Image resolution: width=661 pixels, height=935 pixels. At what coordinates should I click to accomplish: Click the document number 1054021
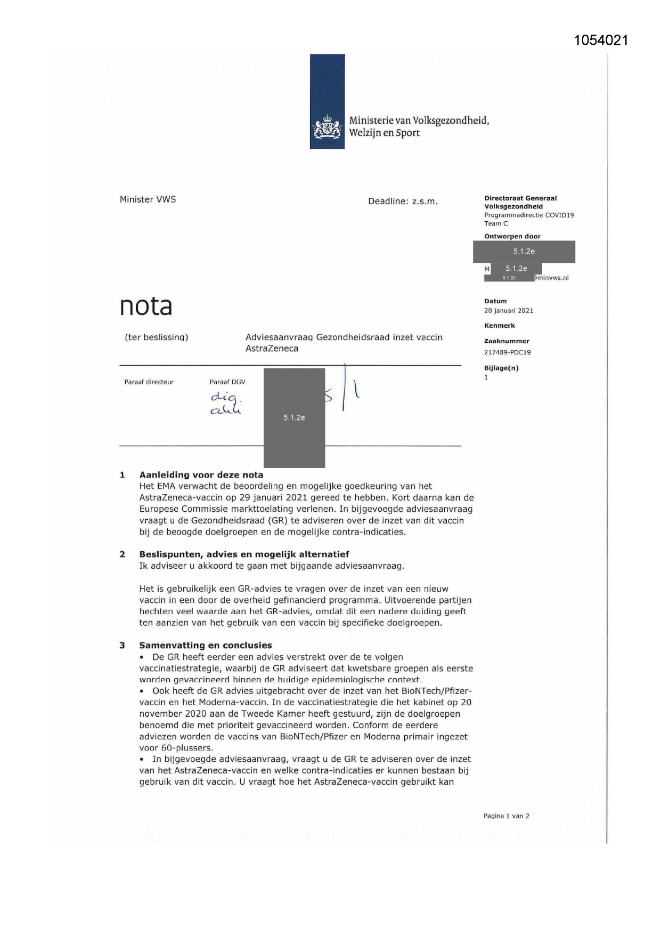pyautogui.click(x=601, y=41)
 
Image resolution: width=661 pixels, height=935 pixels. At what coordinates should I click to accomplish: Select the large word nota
pyautogui.click(x=146, y=306)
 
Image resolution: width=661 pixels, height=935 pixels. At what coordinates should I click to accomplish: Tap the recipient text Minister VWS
pyautogui.click(x=148, y=199)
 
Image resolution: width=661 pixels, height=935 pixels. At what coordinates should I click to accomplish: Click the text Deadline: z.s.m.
pyautogui.click(x=403, y=201)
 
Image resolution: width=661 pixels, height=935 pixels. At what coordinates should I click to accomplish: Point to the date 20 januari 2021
pyautogui.click(x=509, y=311)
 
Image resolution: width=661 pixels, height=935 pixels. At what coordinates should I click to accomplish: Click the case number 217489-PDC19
pyautogui.click(x=507, y=352)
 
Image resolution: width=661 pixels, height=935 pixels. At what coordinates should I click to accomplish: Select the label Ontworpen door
pyautogui.click(x=512, y=237)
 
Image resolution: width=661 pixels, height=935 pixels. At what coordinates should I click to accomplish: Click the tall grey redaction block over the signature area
pyautogui.click(x=294, y=418)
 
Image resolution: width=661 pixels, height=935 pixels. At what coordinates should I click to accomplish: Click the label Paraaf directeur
pyautogui.click(x=149, y=382)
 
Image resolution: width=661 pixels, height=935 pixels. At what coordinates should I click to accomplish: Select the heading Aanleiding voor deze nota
pyautogui.click(x=201, y=475)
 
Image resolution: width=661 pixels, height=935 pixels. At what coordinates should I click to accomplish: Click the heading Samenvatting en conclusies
pyautogui.click(x=206, y=646)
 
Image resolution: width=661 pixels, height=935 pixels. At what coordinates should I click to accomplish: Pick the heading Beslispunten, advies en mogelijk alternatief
pyautogui.click(x=244, y=554)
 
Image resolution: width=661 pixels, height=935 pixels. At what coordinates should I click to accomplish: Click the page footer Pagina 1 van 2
pyautogui.click(x=506, y=816)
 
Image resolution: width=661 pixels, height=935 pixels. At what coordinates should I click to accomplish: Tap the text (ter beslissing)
pyautogui.click(x=157, y=337)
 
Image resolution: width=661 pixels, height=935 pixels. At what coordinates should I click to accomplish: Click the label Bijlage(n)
pyautogui.click(x=501, y=368)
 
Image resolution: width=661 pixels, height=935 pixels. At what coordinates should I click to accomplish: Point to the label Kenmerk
pyautogui.click(x=499, y=326)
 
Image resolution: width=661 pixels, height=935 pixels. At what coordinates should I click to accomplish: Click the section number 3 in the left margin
pyautogui.click(x=122, y=646)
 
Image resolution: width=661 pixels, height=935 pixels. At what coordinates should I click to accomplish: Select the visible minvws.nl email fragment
pyautogui.click(x=552, y=278)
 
